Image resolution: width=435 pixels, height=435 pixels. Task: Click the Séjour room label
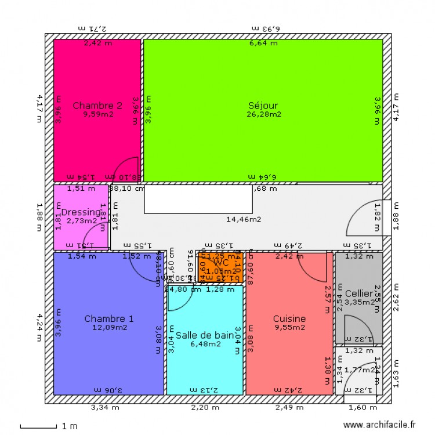(263, 106)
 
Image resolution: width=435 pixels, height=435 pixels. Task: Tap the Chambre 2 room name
(97, 106)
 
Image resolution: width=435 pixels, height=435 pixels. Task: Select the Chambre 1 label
(109, 318)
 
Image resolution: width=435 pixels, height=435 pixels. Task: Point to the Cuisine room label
(289, 318)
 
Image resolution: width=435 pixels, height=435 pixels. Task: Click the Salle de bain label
(205, 335)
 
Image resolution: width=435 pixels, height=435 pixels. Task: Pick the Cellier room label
(358, 293)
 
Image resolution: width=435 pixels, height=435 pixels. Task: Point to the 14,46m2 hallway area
(243, 219)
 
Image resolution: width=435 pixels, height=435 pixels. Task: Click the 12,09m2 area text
(109, 327)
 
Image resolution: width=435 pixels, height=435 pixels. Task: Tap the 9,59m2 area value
(97, 114)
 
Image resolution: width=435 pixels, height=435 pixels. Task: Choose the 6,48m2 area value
(205, 344)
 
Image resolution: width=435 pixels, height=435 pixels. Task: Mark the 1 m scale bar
(41, 427)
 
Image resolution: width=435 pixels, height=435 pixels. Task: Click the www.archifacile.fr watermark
(379, 425)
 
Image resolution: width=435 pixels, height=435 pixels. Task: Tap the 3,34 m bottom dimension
(105, 408)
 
